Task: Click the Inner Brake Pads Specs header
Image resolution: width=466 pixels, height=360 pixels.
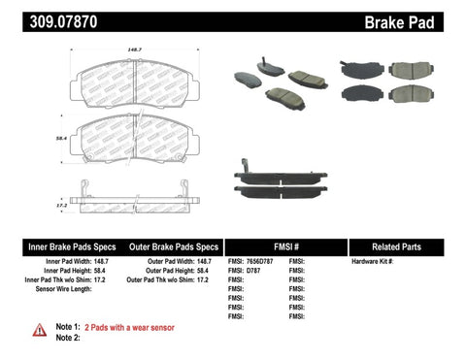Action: click(58, 246)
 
